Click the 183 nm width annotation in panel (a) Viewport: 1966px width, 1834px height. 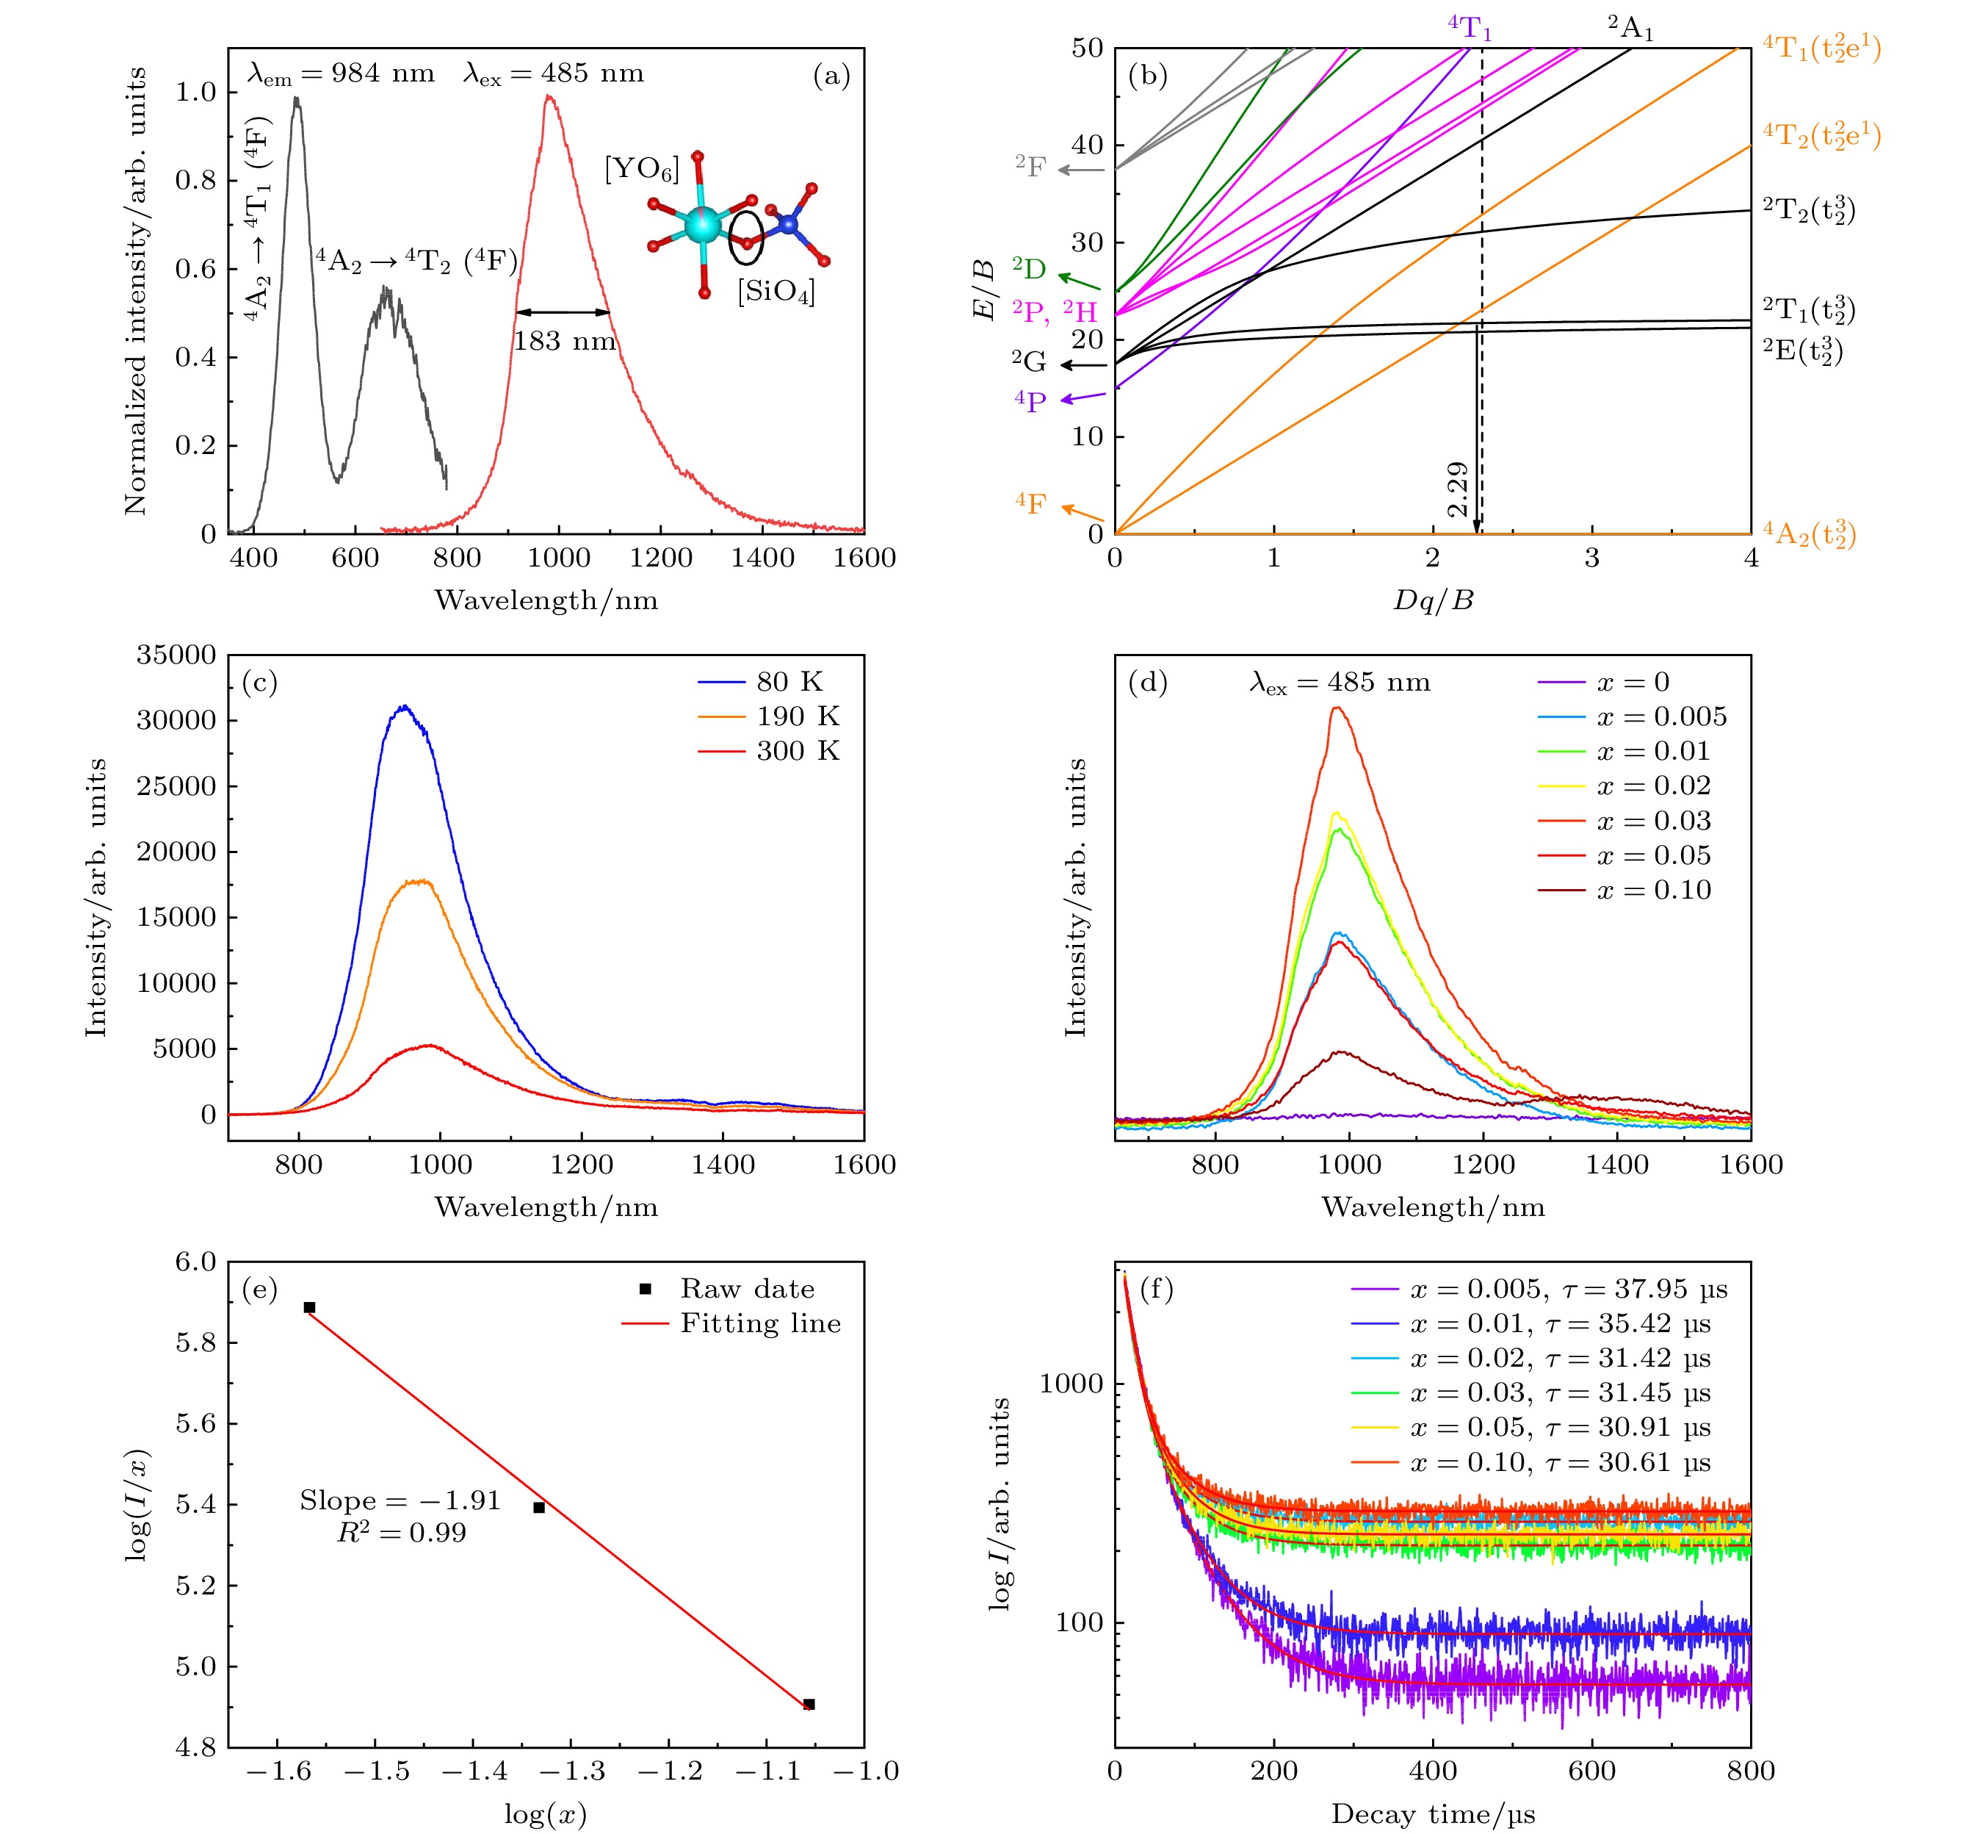tap(564, 341)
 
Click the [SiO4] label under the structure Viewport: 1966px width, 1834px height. tap(776, 292)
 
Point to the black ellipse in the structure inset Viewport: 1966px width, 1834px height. tap(747, 237)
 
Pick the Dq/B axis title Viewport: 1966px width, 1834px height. tap(1433, 600)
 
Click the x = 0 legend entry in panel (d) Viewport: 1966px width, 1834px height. tap(1633, 682)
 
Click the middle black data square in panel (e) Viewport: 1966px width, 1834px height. tap(539, 1508)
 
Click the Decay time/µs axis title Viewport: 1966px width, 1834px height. tap(1433, 1814)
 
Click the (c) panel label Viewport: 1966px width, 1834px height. tap(259, 683)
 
